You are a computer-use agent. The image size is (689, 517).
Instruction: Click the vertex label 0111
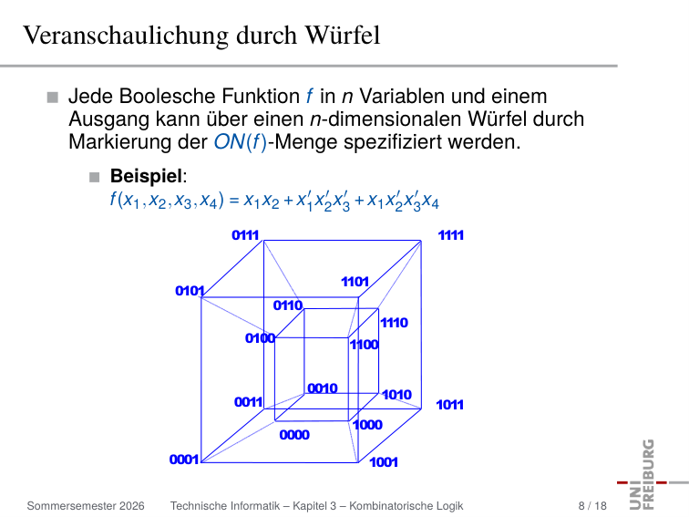point(245,235)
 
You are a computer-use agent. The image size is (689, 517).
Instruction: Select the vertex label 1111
point(451,235)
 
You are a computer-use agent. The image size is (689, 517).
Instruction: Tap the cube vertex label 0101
point(190,291)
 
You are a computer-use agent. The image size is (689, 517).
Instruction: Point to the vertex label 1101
point(355,282)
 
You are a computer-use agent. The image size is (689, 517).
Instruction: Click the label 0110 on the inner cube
point(288,305)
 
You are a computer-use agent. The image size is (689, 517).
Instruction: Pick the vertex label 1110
point(394,323)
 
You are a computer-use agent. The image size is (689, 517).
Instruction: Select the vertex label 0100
point(260,338)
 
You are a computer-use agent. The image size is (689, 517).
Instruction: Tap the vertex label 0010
point(323,388)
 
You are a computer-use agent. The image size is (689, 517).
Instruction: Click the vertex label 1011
point(450,405)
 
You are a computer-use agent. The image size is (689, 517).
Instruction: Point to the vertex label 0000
point(294,435)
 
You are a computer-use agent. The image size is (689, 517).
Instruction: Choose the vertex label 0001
point(184,460)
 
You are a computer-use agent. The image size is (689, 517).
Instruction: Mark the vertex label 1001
point(384,462)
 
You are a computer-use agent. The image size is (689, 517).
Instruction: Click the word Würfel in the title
point(343,36)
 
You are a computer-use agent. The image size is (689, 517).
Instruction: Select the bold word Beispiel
point(146,176)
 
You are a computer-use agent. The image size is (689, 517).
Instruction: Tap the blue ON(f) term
point(241,142)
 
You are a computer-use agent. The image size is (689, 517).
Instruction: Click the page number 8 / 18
point(592,505)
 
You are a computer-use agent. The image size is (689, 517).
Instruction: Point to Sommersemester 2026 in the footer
point(86,505)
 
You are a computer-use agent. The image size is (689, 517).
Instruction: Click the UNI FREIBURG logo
point(649,474)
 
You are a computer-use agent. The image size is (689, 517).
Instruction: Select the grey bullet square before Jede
point(53,98)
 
